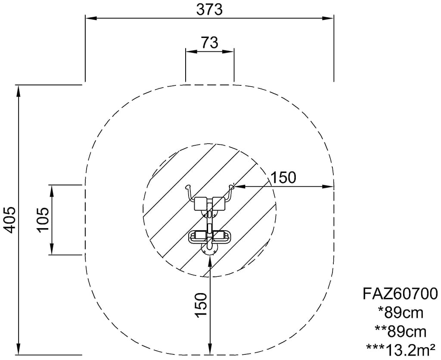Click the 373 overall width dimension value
point(209,9)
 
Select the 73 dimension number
point(210,43)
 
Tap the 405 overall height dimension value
point(11,220)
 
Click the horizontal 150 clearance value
point(283,178)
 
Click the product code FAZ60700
point(400,294)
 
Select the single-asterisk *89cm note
point(401,313)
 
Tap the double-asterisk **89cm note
point(401,331)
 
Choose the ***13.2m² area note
point(401,350)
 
